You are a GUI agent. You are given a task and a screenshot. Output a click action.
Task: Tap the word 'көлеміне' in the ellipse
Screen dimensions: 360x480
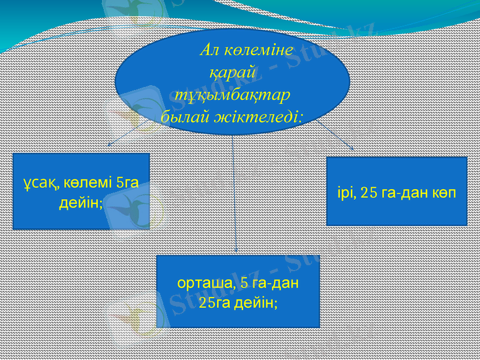[x=257, y=49]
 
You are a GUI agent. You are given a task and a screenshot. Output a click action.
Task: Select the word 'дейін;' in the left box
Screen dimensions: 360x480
[x=80, y=203]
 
